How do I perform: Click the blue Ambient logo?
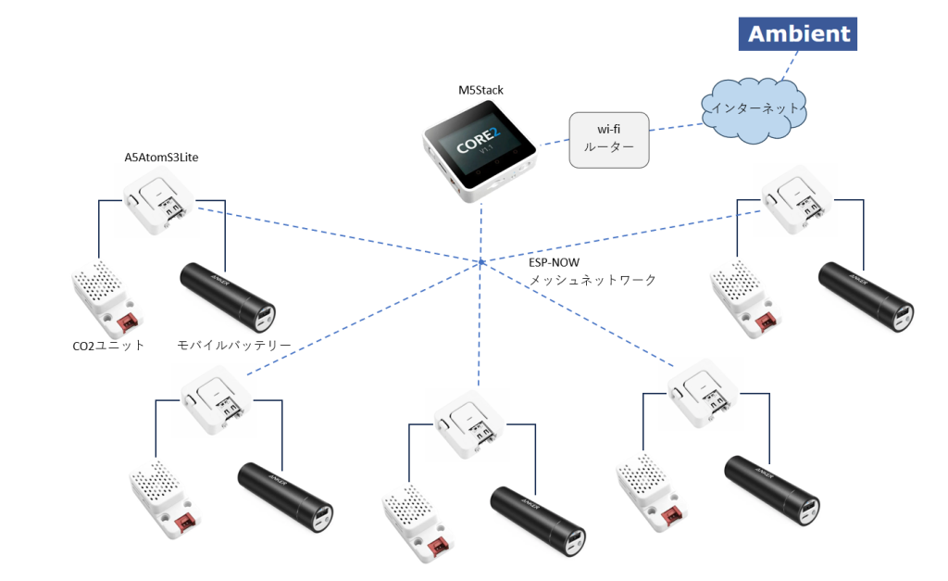(x=798, y=34)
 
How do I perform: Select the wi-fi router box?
(x=608, y=140)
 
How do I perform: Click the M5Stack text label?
(x=480, y=90)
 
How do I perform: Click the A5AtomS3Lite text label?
(x=161, y=157)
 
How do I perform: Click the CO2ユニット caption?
(x=107, y=346)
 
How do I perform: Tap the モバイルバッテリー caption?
(x=234, y=346)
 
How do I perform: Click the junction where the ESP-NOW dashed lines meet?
(x=482, y=263)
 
